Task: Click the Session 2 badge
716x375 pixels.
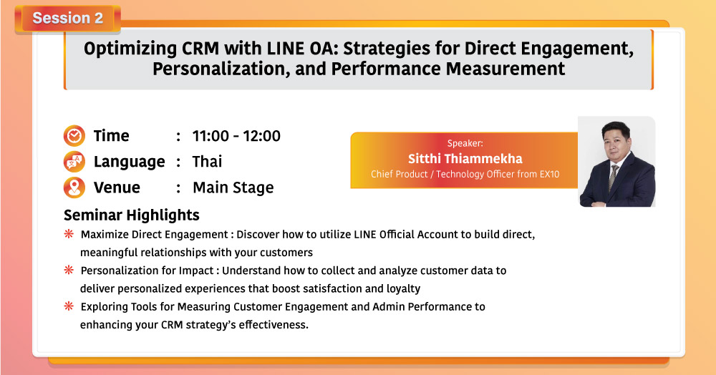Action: [x=67, y=18]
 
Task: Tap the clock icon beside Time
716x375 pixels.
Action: [x=74, y=135]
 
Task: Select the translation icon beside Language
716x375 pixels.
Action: [x=74, y=162]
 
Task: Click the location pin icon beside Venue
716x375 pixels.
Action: [x=74, y=187]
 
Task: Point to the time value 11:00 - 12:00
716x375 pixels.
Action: [x=236, y=136]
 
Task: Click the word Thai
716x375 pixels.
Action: [x=207, y=162]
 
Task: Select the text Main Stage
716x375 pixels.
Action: [x=233, y=187]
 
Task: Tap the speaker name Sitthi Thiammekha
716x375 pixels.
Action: [x=465, y=159]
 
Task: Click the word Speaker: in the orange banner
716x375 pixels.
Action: [x=465, y=143]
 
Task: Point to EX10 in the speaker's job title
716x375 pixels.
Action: [x=549, y=174]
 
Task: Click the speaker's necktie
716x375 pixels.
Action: [x=614, y=177]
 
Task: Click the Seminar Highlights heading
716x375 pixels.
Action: [x=132, y=215]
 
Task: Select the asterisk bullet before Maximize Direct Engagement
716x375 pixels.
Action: [x=69, y=234]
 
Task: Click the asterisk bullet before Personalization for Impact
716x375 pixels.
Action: [x=69, y=270]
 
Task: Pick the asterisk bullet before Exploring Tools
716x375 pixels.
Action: [x=69, y=306]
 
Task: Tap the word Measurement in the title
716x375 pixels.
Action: [x=505, y=69]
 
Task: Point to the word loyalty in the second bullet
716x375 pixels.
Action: [x=403, y=289]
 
